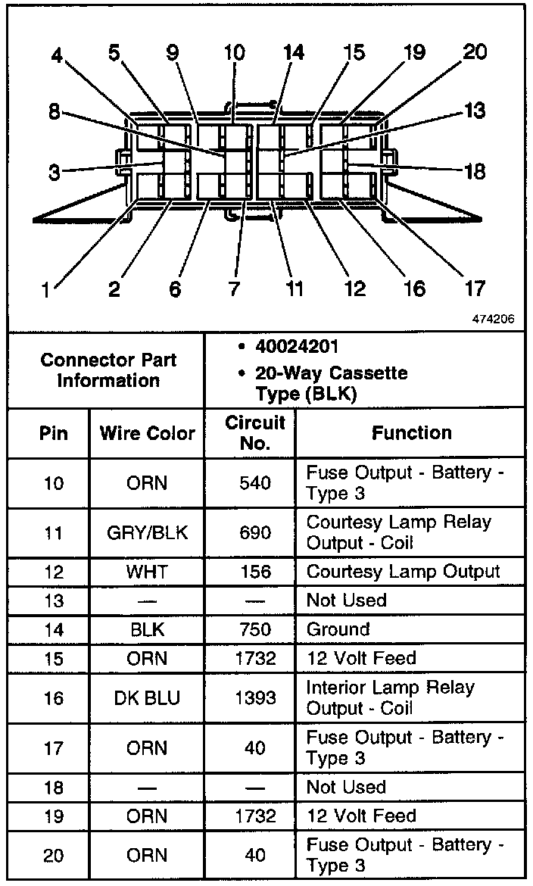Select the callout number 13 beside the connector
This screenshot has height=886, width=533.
(474, 111)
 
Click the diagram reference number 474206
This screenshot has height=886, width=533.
(493, 319)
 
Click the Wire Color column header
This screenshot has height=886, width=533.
(147, 433)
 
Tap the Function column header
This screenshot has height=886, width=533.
(411, 432)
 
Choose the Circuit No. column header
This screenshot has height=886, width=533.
(255, 432)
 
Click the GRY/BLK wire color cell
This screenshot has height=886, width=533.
(147, 533)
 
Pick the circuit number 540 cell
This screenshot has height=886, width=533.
(255, 483)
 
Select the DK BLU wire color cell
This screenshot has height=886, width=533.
(147, 697)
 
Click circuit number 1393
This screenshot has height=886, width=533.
(255, 697)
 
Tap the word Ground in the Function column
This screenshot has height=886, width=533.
(338, 629)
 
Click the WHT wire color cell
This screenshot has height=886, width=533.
(147, 572)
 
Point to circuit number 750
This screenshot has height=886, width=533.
(255, 629)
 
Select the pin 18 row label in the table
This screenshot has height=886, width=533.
(54, 788)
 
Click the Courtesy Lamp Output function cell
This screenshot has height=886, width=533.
(403, 572)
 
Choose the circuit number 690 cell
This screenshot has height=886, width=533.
(255, 533)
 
